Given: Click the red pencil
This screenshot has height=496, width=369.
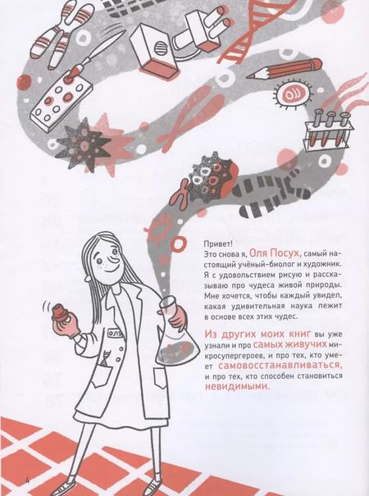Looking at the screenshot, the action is (284, 69).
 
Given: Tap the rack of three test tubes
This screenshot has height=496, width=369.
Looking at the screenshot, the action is (328, 129).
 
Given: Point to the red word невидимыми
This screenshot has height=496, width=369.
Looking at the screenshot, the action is (237, 386).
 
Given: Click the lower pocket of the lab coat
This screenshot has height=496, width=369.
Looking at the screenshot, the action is (164, 382).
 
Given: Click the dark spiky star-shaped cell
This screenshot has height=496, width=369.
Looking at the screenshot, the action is (83, 144).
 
